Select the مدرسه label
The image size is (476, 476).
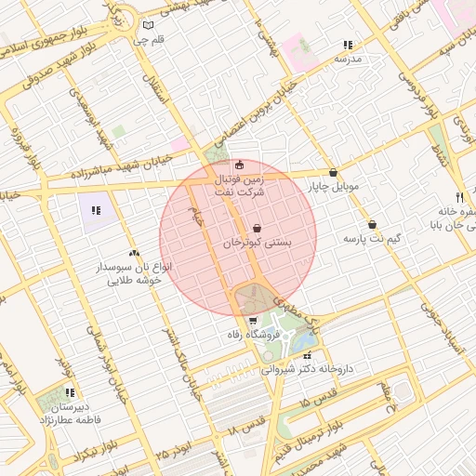pos(347,59)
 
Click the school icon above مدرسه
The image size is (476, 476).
pos(348,44)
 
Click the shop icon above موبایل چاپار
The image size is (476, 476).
pos(333,172)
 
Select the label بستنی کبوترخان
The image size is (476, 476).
pos(257,242)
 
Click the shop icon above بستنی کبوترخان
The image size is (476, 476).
pos(257,228)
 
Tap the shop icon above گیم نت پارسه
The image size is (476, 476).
pos(372,224)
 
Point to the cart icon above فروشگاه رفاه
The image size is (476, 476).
pos(253,321)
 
